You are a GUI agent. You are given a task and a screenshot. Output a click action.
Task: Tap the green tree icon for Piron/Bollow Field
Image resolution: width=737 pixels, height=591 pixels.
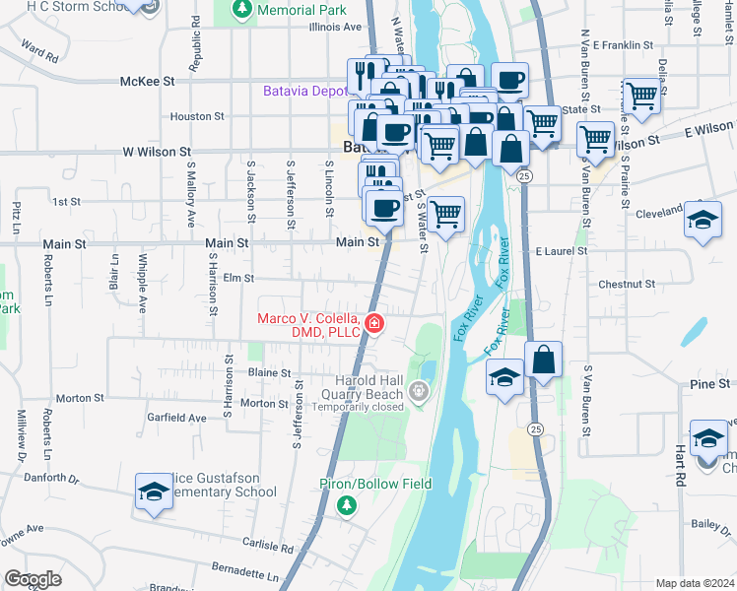[x=346, y=505]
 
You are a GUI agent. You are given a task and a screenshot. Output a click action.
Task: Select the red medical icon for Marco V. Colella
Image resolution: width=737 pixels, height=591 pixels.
[x=374, y=323]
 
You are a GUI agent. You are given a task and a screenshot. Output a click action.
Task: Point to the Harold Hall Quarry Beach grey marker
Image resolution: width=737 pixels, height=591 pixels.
[x=421, y=392]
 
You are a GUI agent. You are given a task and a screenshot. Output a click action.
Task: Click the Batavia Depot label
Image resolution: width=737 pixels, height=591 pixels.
[x=304, y=91]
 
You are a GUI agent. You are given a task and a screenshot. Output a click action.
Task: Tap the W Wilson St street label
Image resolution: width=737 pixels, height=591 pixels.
[x=157, y=152]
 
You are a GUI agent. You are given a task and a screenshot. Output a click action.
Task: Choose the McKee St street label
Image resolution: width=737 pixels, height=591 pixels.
[x=147, y=82]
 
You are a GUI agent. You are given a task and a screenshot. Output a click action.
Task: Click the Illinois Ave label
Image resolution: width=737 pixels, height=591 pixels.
[x=336, y=28]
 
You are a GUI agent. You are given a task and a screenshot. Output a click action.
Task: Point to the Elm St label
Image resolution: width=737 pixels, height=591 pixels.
[x=239, y=279]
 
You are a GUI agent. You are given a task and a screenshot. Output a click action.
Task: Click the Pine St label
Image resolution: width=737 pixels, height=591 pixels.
[x=709, y=382]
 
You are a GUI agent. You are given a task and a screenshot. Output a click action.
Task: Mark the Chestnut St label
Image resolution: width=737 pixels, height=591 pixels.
[x=627, y=284]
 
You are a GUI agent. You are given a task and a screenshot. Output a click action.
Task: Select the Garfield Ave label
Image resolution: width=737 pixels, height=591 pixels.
[x=177, y=418]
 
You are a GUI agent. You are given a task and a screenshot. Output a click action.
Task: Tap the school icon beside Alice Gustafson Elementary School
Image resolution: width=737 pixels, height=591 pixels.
[x=155, y=492]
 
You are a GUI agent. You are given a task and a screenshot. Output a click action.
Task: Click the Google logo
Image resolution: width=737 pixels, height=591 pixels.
[x=33, y=579]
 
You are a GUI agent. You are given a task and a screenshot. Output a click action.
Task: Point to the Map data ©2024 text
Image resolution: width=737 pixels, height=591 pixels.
[x=695, y=583]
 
